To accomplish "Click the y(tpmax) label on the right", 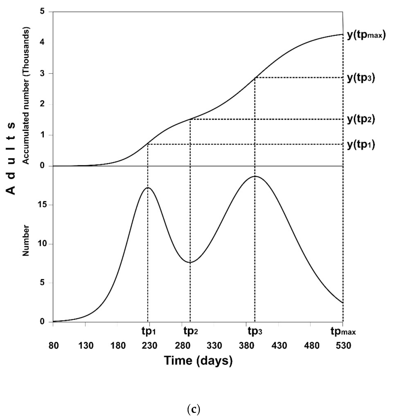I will pos(366,35).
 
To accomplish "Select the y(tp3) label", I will pos(361,78).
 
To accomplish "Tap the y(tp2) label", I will pos(361,119).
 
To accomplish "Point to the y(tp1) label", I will pos(361,145).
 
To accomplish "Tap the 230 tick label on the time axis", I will pos(149,346).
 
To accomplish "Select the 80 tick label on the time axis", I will pos(54,346).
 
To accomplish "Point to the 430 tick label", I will pos(279,346).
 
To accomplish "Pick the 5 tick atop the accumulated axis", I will pos(43,12).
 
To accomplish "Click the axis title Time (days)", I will pos(198,361).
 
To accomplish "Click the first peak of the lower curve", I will pos(148,188).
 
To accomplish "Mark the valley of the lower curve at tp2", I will pos(190,262).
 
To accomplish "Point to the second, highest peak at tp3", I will pos(255,176).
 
